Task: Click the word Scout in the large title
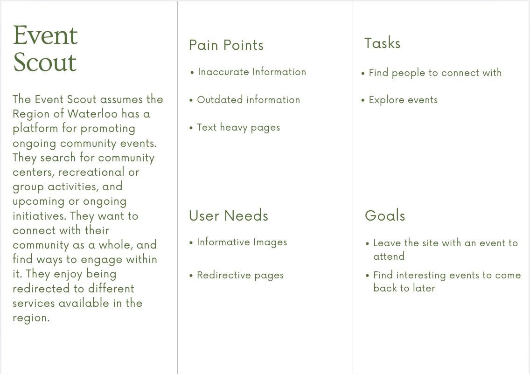tap(45, 62)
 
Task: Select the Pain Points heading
tap(226, 45)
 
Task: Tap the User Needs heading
tap(229, 215)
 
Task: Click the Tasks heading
tap(382, 43)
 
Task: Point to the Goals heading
tap(385, 215)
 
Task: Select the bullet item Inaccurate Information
tap(252, 72)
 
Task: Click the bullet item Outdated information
tap(248, 100)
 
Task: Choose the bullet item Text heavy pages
tap(238, 128)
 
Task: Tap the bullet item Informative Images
tap(242, 242)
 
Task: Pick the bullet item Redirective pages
tap(240, 275)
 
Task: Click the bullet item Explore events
tap(403, 100)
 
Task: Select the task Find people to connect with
tap(435, 73)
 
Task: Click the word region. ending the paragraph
tap(31, 318)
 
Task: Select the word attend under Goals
tap(389, 256)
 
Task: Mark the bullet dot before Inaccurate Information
tap(192, 73)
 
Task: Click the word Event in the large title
tap(45, 35)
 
